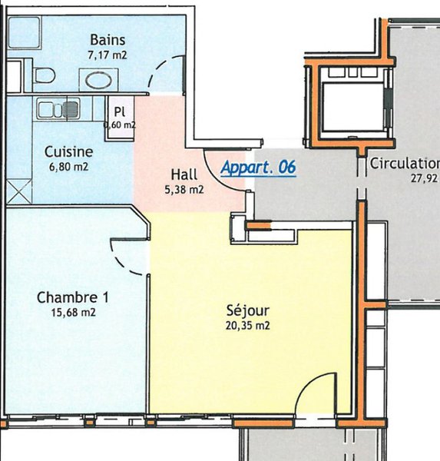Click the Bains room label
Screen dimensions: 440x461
(x=108, y=40)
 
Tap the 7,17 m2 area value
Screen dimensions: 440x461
(x=108, y=55)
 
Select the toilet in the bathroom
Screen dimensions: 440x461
(x=44, y=75)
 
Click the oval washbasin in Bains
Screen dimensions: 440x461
(x=99, y=81)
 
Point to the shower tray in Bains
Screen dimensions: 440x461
(x=24, y=32)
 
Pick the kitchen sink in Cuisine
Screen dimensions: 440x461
(x=58, y=109)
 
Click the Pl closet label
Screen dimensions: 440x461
(x=119, y=111)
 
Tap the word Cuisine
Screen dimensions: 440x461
(x=69, y=152)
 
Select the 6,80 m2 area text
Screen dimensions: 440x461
(x=69, y=167)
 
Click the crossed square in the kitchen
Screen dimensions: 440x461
(x=19, y=191)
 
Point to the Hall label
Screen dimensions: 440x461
(x=184, y=174)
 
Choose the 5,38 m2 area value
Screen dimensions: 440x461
(x=184, y=190)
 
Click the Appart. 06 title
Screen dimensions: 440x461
(x=258, y=167)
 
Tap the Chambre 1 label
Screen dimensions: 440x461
(x=73, y=297)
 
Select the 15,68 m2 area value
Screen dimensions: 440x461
(x=74, y=312)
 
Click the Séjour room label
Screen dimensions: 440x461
(x=248, y=310)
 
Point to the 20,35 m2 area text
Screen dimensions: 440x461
(x=248, y=326)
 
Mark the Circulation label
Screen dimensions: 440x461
(x=405, y=164)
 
